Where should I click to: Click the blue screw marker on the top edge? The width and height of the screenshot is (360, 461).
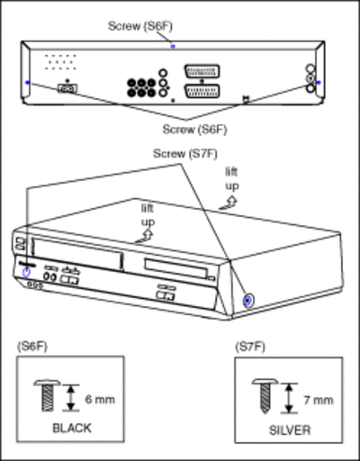click(x=173, y=46)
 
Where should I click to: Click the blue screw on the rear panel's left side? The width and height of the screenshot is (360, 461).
click(x=28, y=82)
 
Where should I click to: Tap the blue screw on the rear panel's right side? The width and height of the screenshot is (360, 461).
click(x=319, y=82)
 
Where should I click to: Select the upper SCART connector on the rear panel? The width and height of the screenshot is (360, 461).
click(x=202, y=71)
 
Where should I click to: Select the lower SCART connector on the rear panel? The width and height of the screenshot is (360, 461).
click(x=202, y=91)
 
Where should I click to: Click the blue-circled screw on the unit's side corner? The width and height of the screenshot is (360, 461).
click(x=247, y=300)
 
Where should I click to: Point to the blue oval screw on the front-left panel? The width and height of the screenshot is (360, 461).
click(x=27, y=272)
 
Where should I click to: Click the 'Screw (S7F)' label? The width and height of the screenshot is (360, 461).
click(x=185, y=154)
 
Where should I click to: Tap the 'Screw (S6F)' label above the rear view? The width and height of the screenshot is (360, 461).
click(x=140, y=26)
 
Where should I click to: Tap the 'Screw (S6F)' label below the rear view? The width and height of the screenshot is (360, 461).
click(x=194, y=130)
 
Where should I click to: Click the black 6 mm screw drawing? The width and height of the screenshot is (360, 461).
click(x=47, y=395)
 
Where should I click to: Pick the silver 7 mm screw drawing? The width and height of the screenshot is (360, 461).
click(x=265, y=396)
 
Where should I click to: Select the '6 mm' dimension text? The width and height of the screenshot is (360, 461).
click(x=100, y=400)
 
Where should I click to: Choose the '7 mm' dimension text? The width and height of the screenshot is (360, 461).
click(x=319, y=401)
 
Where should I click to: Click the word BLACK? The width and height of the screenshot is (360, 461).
click(x=72, y=428)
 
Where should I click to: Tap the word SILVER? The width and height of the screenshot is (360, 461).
click(x=290, y=430)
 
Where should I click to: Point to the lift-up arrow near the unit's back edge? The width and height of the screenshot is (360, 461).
click(x=229, y=203)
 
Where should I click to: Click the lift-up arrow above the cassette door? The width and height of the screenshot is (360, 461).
click(x=145, y=236)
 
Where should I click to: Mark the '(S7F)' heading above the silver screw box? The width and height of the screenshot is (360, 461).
click(x=250, y=347)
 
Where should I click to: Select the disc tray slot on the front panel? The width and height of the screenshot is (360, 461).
click(x=175, y=267)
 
